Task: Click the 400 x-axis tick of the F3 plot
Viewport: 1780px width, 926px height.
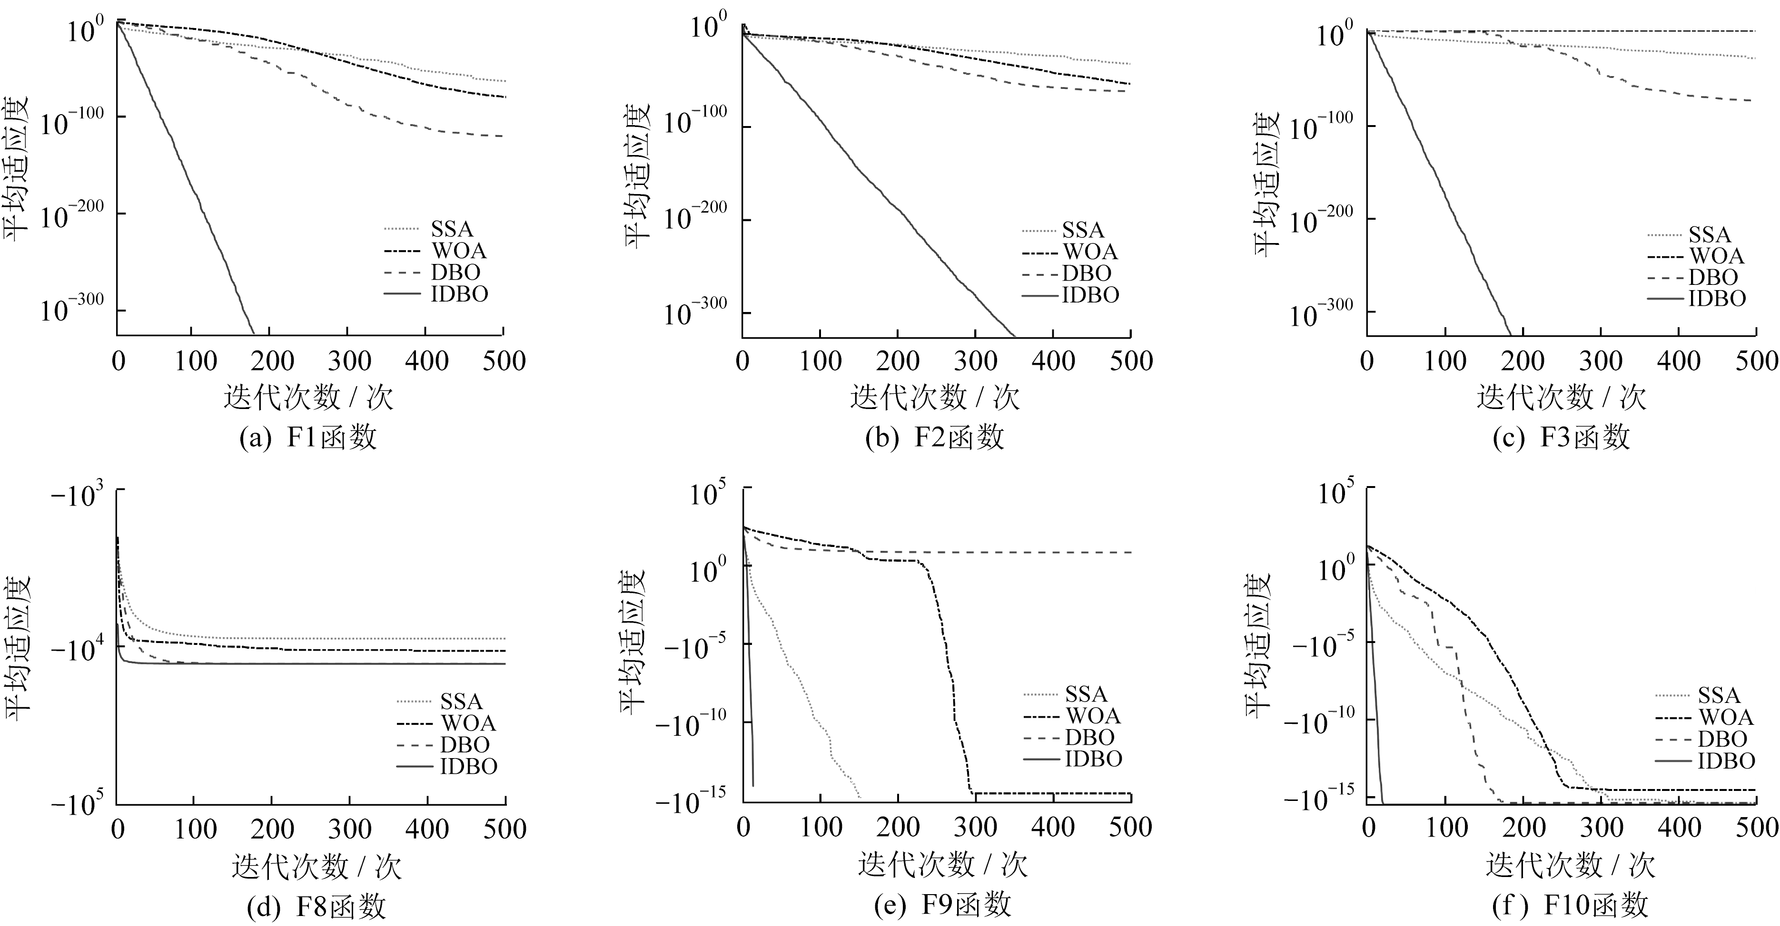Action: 1679,361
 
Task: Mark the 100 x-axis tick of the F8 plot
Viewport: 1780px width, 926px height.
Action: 195,829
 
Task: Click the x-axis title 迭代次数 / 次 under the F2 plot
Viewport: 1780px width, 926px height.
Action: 934,398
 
